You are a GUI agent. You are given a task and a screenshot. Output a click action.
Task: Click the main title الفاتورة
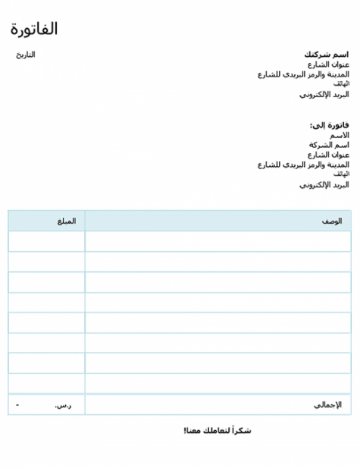[x=34, y=29]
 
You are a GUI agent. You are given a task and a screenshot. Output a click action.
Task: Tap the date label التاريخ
[x=26, y=55]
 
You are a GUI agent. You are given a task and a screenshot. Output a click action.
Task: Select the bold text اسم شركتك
[x=327, y=55]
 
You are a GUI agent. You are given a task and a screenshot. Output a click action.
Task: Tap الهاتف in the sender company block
[x=341, y=84]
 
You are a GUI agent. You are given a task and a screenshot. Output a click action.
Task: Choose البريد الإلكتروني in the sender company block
[x=324, y=95]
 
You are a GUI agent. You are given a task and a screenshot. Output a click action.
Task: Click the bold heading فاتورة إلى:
[x=330, y=124]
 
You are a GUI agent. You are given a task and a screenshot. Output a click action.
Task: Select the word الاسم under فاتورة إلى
[x=339, y=134]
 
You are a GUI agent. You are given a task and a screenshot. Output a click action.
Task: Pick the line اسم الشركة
[x=329, y=144]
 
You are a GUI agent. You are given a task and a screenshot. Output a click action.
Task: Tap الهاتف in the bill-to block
[x=341, y=174]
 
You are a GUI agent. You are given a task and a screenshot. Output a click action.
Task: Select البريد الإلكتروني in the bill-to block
[x=324, y=184]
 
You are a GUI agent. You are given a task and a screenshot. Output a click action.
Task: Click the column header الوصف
[x=331, y=221]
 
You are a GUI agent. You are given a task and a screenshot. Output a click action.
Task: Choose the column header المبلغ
[x=67, y=221]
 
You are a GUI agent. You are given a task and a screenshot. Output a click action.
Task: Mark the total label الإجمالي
[x=327, y=405]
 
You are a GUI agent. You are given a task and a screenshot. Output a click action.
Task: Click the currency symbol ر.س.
[x=63, y=405]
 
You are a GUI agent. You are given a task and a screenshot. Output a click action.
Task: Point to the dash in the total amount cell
[x=17, y=405]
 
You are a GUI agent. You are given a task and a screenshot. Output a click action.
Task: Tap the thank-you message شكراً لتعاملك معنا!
[x=217, y=431]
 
